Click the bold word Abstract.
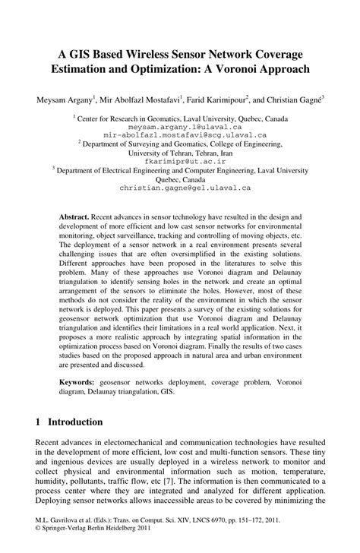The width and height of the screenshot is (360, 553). coord(75,216)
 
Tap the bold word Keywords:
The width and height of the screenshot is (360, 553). coord(80,378)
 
